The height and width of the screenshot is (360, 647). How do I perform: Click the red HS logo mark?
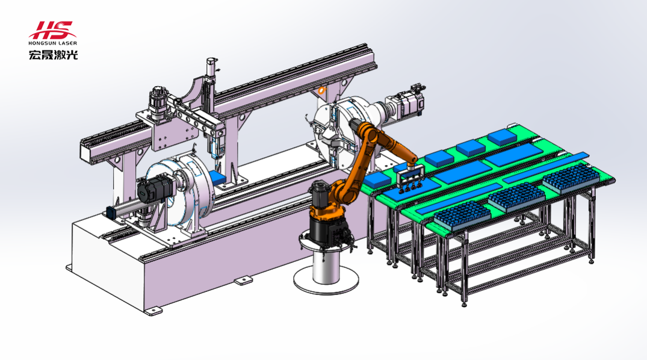click(51, 29)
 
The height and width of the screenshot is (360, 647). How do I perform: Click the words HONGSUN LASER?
click(53, 43)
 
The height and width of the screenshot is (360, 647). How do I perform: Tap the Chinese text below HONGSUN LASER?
click(53, 55)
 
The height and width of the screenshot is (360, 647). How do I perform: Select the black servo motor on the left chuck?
click(155, 190)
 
